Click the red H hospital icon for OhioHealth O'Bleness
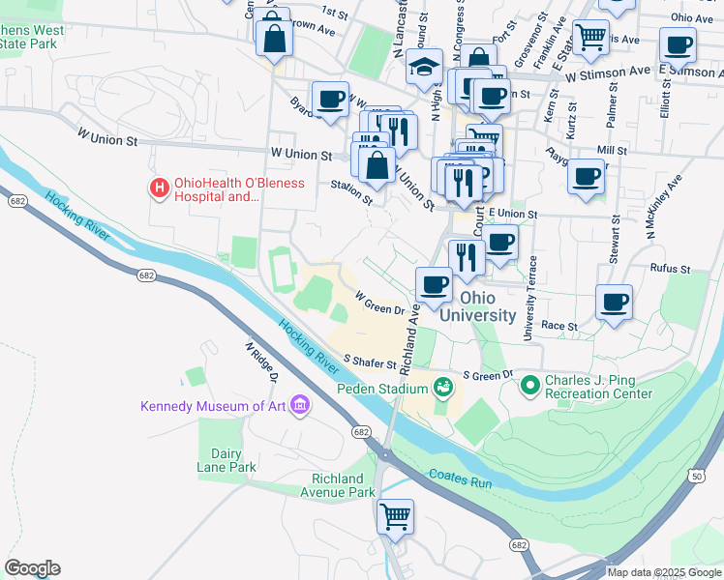click(x=155, y=188)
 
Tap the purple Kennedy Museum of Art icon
click(x=300, y=405)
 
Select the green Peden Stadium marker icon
click(x=443, y=388)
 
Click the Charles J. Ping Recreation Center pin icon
click(x=529, y=386)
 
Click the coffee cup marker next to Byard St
click(x=330, y=98)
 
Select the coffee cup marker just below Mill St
click(x=586, y=176)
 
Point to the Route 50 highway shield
click(x=697, y=475)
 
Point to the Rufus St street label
click(x=670, y=270)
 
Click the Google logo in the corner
click(x=32, y=568)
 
